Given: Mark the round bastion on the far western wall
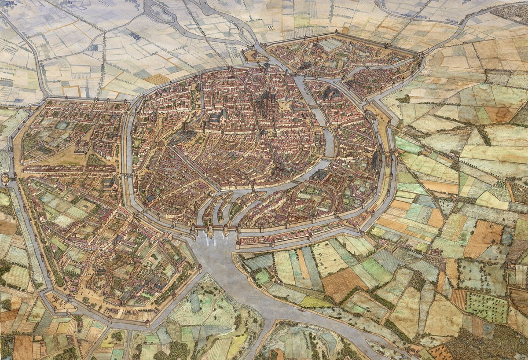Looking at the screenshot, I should (5, 179).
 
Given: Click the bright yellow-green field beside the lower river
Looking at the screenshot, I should (315, 302).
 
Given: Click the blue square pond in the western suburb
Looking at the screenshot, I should (62, 125).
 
